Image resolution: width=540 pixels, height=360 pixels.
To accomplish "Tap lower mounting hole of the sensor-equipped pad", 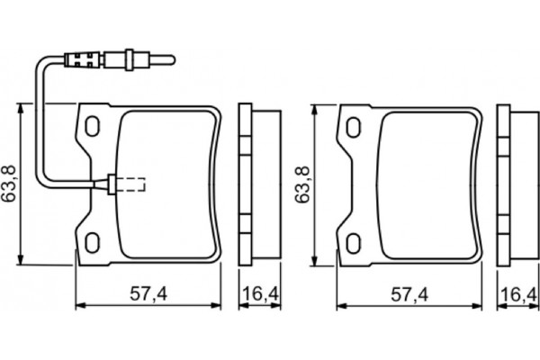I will pyautogui.click(x=92, y=241).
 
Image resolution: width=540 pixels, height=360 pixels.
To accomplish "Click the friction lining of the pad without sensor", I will pyautogui.click(x=423, y=184).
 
